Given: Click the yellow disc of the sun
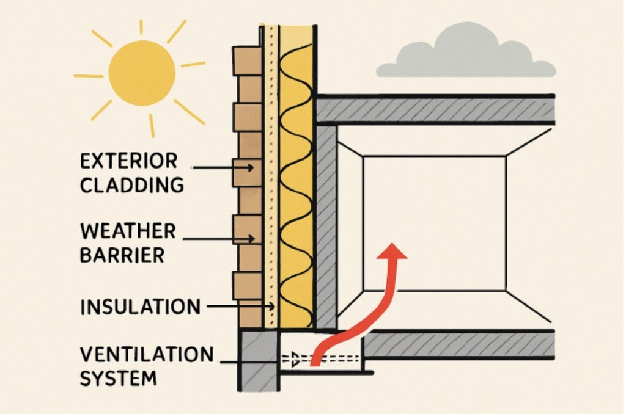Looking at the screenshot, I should click(x=142, y=73).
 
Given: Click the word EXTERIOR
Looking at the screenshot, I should click(x=128, y=161).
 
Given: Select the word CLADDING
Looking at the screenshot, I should click(x=132, y=184).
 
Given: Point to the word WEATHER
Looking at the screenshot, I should click(x=128, y=231).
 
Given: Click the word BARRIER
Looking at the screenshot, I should click(x=122, y=255).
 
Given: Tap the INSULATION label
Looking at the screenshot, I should click(x=140, y=307).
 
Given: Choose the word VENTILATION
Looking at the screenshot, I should click(x=147, y=354).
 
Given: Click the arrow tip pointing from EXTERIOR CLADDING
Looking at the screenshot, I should click(x=251, y=166).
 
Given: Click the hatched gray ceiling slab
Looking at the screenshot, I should click(x=434, y=111).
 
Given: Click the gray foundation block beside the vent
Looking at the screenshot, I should click(x=258, y=360).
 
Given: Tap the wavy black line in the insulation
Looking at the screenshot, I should click(x=297, y=183).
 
